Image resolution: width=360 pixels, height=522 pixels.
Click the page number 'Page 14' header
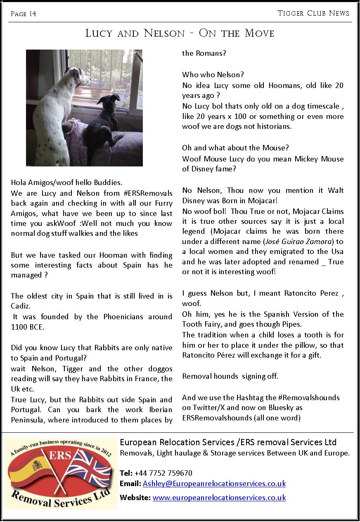click(x=24, y=14)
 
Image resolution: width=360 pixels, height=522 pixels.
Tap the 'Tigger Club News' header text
click(x=313, y=13)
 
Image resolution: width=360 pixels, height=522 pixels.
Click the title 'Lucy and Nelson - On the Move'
click(x=180, y=33)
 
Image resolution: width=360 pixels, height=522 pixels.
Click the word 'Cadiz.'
click(x=21, y=306)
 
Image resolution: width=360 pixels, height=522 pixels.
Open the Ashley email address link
click(x=214, y=484)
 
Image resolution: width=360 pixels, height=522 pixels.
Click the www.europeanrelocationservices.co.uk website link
click(x=219, y=498)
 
